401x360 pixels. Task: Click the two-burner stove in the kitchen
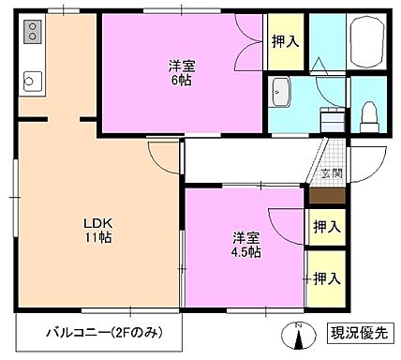(x=31, y=35)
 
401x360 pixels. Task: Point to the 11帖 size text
(x=97, y=239)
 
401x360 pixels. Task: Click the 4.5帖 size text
(x=246, y=252)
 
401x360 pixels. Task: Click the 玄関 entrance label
(x=331, y=173)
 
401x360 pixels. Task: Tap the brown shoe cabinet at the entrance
(x=324, y=197)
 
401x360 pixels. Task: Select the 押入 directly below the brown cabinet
(x=324, y=227)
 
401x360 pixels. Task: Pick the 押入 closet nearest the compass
(x=324, y=277)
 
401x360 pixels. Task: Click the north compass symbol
(x=299, y=333)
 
